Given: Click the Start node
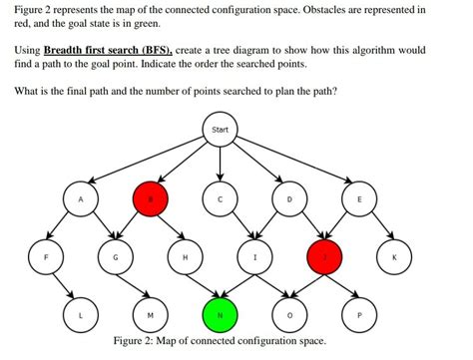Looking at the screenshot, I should tap(220, 130).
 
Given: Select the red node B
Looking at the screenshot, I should tap(150, 199).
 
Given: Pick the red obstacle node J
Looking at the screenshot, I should tap(323, 256).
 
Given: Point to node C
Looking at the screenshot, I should tap(220, 199).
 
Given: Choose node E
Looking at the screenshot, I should tap(359, 199).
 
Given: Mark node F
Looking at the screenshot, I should tap(45, 256).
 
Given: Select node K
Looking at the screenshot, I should tap(394, 256).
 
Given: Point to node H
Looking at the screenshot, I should tap(185, 256).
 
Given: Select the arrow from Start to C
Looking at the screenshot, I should tap(220, 165).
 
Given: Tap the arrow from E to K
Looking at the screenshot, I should tap(377, 228).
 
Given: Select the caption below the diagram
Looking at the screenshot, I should tap(220, 341).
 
